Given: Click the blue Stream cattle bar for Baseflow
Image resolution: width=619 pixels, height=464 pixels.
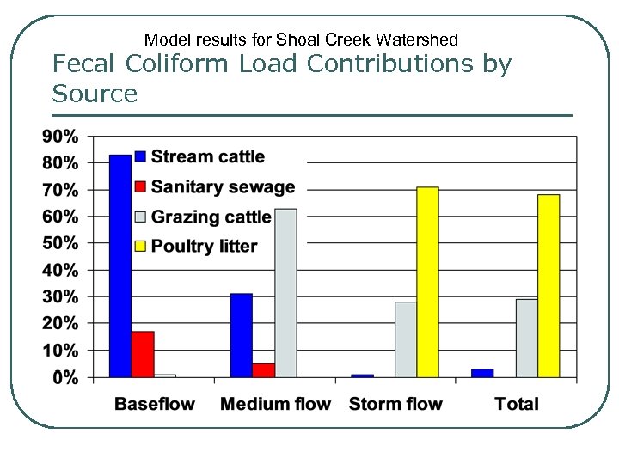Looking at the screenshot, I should pyautogui.click(x=120, y=266).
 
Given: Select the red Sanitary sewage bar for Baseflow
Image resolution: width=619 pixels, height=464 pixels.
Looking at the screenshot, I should pyautogui.click(x=143, y=354).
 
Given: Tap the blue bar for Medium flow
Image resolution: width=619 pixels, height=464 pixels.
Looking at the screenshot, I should pyautogui.click(x=242, y=335).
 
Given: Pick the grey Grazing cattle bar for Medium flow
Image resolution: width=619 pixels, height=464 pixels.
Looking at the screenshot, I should pyautogui.click(x=286, y=293).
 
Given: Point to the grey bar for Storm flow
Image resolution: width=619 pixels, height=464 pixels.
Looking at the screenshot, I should pyautogui.click(x=406, y=339).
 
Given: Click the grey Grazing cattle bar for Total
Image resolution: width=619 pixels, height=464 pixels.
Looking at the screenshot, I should pyautogui.click(x=526, y=338).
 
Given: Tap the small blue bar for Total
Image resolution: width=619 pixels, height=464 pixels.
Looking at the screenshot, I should pyautogui.click(x=483, y=373).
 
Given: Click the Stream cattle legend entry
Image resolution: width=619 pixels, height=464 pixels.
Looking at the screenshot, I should pyautogui.click(x=207, y=156).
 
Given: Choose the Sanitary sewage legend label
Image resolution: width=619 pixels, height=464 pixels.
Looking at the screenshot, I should pyautogui.click(x=223, y=186).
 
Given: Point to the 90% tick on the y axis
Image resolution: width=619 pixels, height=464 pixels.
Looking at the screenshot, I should pyautogui.click(x=59, y=136).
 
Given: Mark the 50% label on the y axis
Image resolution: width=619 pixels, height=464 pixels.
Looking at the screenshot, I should pyautogui.click(x=59, y=243).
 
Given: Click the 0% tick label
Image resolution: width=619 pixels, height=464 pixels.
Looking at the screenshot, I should pyautogui.click(x=64, y=377).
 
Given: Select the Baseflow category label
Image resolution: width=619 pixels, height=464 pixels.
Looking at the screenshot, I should pyautogui.click(x=155, y=404).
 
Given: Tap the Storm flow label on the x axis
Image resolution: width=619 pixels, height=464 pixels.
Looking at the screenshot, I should pyautogui.click(x=395, y=404).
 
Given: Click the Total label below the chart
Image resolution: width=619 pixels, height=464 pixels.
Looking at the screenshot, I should pyautogui.click(x=517, y=404).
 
